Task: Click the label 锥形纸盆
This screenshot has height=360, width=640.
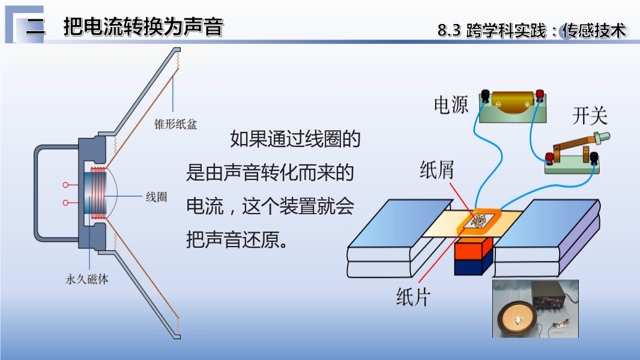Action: coord(175,124)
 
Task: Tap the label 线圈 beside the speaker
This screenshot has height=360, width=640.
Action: coord(157,197)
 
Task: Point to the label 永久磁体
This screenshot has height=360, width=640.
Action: coord(87,279)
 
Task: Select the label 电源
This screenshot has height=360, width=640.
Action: coord(451,105)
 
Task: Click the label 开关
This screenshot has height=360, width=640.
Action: coord(590,116)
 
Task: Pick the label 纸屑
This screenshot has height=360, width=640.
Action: coord(436,170)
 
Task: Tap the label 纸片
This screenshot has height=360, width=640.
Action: coord(413,296)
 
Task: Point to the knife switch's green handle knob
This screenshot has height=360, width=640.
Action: coord(602,137)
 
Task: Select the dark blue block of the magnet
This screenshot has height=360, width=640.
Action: coord(474,266)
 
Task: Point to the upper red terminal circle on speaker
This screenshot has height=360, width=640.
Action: coord(65,185)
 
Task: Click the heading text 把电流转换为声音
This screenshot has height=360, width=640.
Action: coord(143,28)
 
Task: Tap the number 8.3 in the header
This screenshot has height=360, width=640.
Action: coord(449,31)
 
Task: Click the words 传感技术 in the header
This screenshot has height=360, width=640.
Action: coord(594,31)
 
